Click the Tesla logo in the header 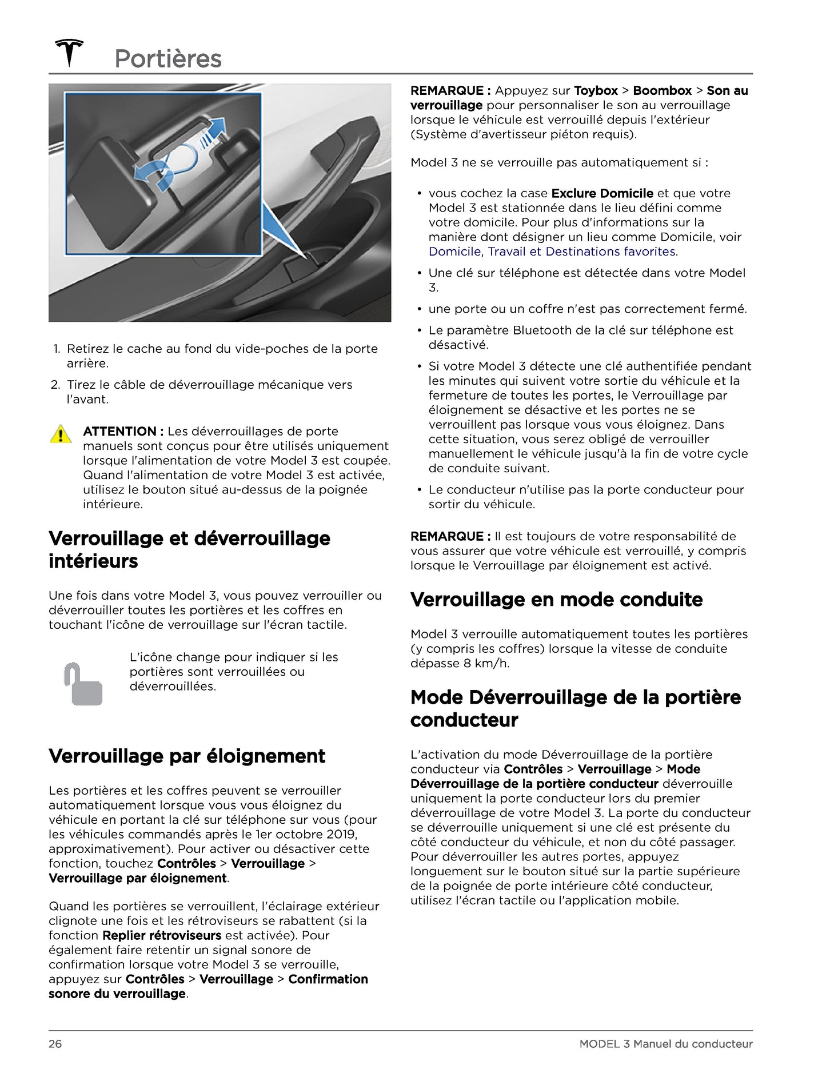69,53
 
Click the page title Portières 168,59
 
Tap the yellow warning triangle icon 61,434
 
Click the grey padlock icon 83,684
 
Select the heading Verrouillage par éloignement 187,756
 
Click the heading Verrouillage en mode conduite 556,599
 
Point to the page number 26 55,1044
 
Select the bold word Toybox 596,90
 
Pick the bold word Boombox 662,90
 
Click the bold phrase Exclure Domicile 602,193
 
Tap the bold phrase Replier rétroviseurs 162,935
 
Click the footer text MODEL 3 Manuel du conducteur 665,1044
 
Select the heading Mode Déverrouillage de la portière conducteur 575,708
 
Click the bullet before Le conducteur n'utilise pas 420,490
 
